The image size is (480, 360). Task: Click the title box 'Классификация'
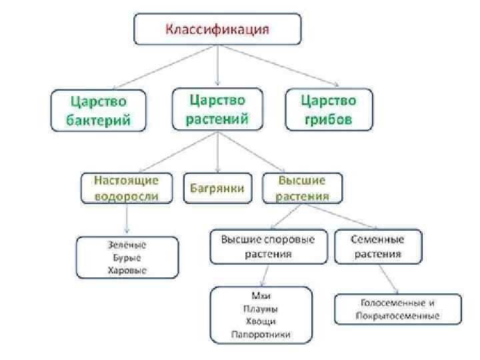tap(217, 29)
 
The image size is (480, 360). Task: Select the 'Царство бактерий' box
tap(98, 110)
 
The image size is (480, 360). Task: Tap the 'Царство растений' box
tap(218, 109)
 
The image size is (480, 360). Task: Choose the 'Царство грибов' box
tap(329, 110)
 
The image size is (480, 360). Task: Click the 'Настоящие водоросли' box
tap(126, 189)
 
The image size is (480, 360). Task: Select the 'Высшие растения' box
tap(302, 189)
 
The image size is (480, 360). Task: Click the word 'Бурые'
tap(127, 257)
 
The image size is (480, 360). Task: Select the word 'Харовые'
tap(127, 270)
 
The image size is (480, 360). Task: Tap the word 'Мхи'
tap(261, 296)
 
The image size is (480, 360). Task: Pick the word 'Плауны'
tap(261, 309)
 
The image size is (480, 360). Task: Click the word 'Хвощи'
tap(261, 321)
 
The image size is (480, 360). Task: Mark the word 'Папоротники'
tap(261, 334)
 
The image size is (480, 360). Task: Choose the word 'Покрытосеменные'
tap(398, 315)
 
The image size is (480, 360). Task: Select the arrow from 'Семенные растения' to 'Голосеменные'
tap(388, 278)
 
